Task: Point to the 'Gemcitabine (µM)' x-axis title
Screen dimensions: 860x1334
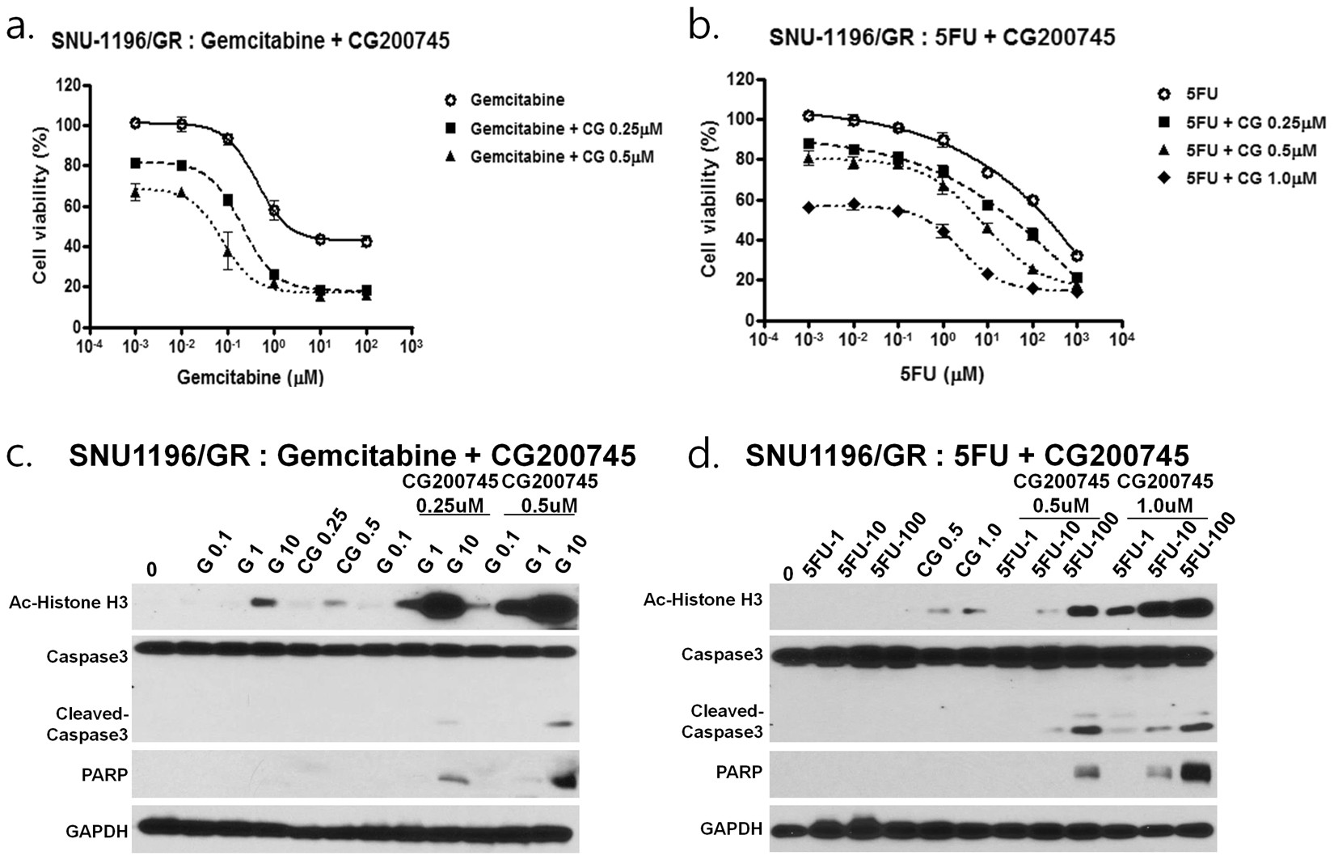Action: click(x=251, y=378)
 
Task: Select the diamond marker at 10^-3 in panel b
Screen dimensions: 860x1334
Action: click(x=808, y=208)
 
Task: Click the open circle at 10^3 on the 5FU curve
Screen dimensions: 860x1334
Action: click(x=1077, y=256)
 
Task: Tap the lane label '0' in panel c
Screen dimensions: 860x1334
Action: click(x=152, y=570)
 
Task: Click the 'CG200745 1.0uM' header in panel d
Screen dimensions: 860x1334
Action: click(x=1165, y=492)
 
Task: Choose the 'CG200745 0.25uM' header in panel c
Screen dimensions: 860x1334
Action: click(x=450, y=493)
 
